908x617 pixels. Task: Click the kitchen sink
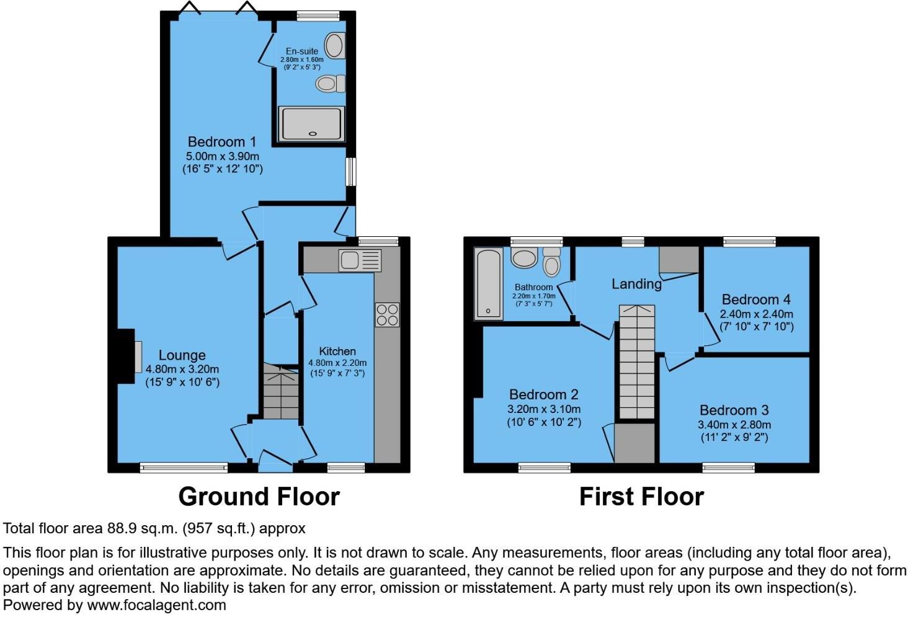pyautogui.click(x=360, y=260)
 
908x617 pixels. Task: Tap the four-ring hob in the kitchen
pyautogui.click(x=387, y=315)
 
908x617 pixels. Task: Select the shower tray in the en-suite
pyautogui.click(x=311, y=124)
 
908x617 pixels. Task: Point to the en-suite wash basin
pyautogui.click(x=335, y=45)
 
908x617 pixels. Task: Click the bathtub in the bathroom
pyautogui.click(x=489, y=284)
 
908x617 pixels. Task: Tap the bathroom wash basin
pyautogui.click(x=524, y=257)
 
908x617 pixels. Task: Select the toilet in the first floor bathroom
pyautogui.click(x=552, y=262)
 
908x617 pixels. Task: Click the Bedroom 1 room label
pyautogui.click(x=222, y=142)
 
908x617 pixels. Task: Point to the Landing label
pyautogui.click(x=636, y=284)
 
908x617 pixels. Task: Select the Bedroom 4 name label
pyautogui.click(x=756, y=300)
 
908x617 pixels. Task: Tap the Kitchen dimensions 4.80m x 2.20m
pyautogui.click(x=337, y=363)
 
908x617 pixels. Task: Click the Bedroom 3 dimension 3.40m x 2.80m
pyautogui.click(x=734, y=425)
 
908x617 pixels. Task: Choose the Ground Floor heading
pyautogui.click(x=259, y=497)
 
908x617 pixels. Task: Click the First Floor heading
pyautogui.click(x=642, y=497)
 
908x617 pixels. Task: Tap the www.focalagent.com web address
pyautogui.click(x=156, y=605)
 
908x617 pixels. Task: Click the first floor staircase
pyautogui.click(x=637, y=362)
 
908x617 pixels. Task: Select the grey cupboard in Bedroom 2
pyautogui.click(x=634, y=443)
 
